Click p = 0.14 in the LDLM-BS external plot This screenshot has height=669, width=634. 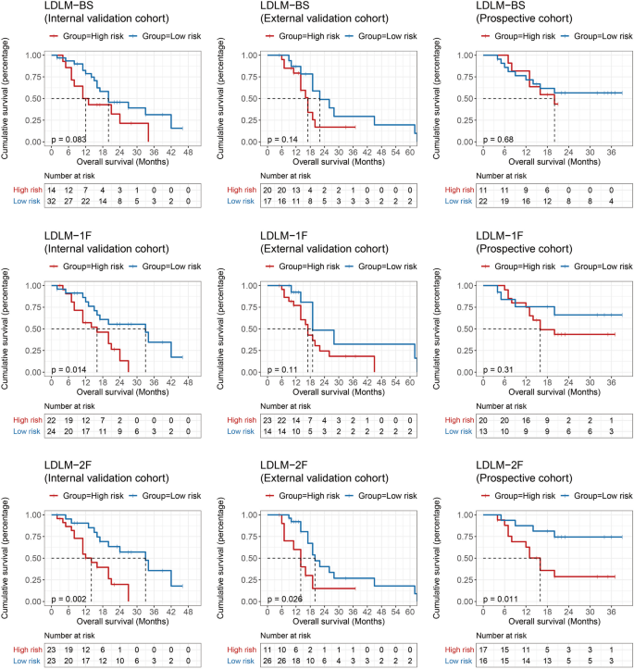[281, 138]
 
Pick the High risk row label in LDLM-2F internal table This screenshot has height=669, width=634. [21, 648]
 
